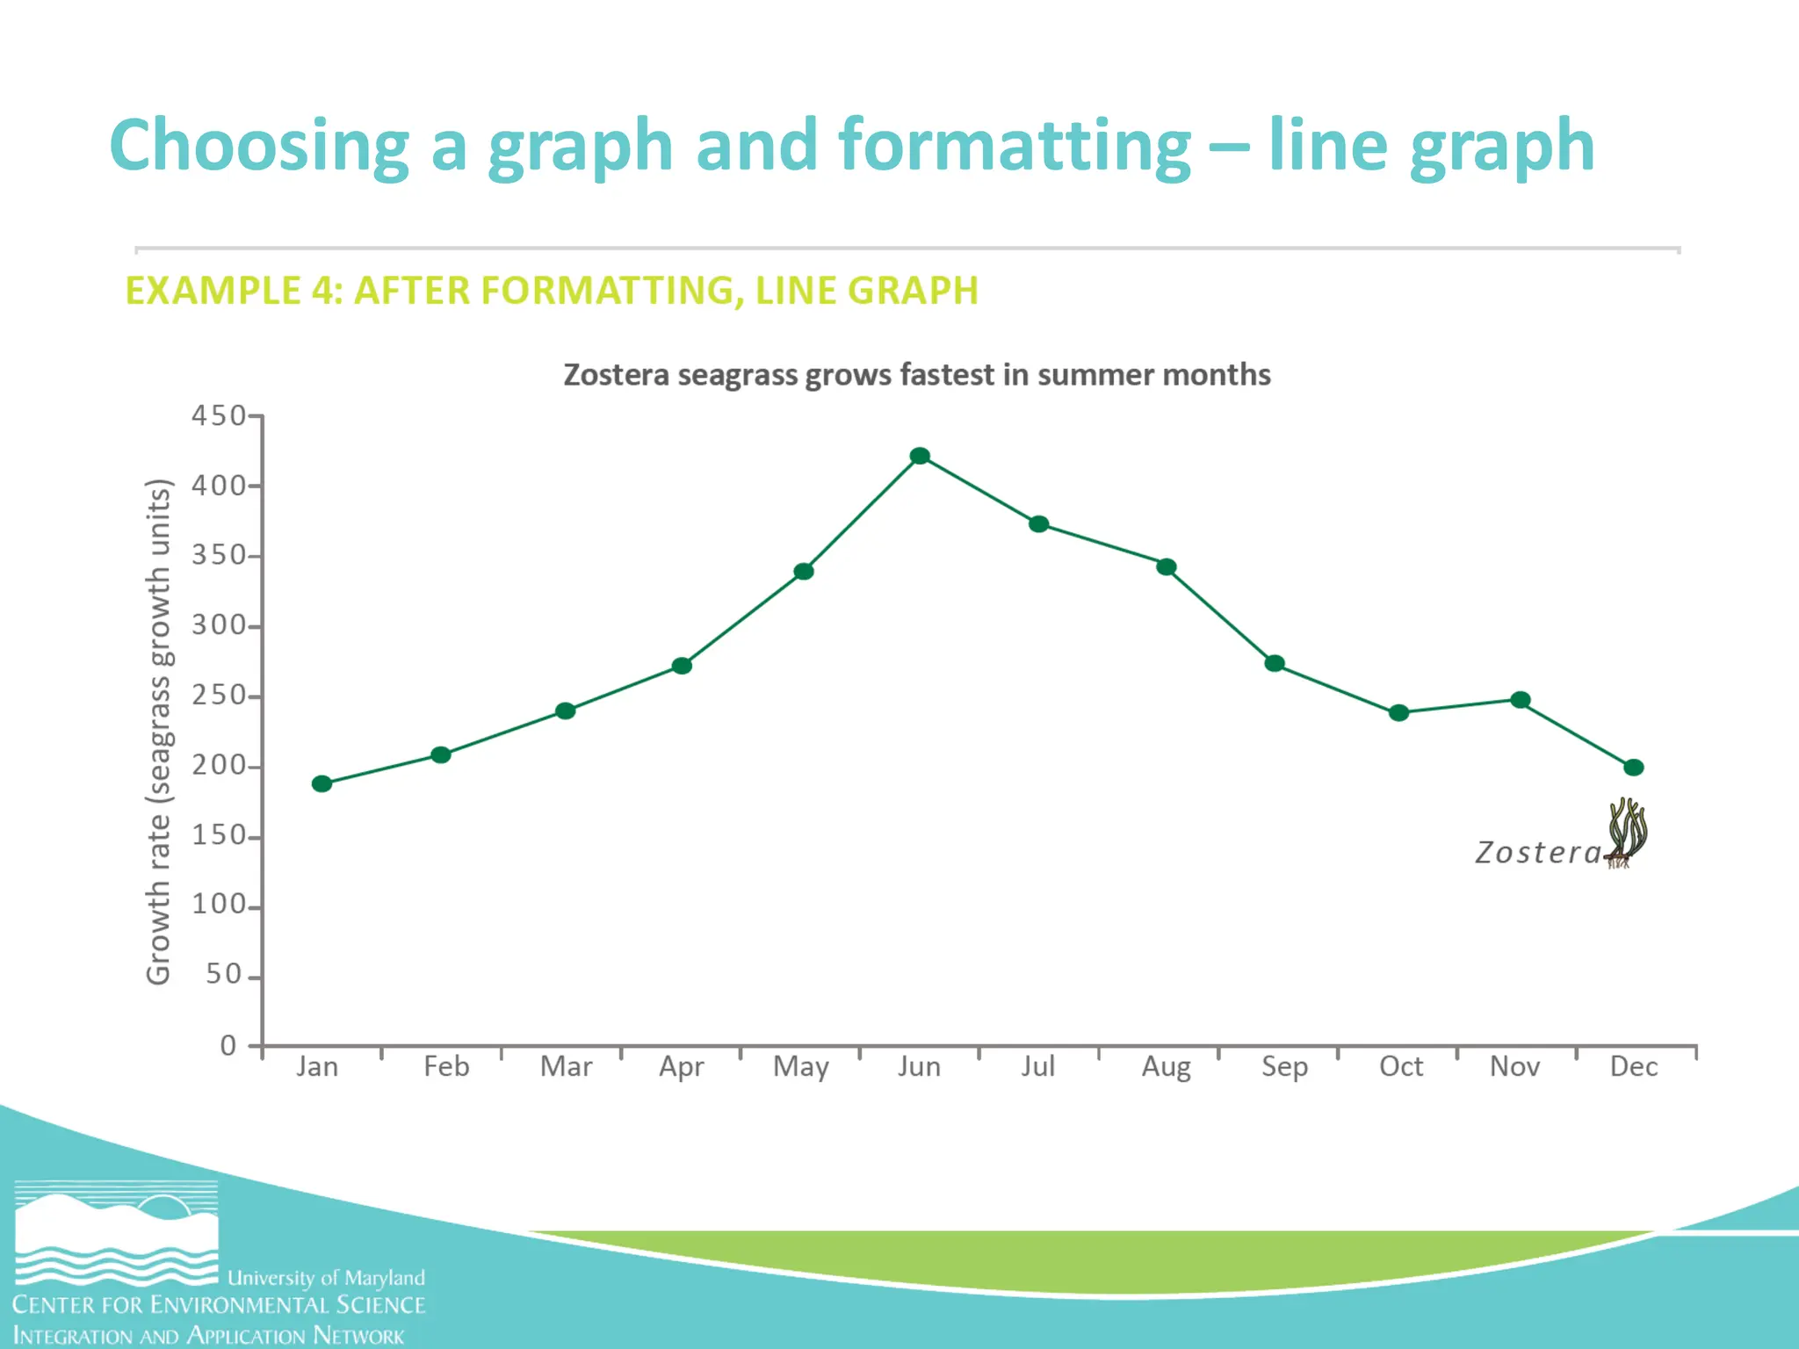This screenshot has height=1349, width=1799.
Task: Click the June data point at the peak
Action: point(920,456)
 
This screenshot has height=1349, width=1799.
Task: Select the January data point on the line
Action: point(322,783)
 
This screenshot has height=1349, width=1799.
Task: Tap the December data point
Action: point(1634,768)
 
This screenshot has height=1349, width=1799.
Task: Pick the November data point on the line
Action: point(1521,700)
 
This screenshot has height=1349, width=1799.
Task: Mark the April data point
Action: point(682,666)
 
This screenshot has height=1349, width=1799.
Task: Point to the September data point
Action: point(1275,663)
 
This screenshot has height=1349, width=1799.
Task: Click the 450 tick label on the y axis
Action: point(219,415)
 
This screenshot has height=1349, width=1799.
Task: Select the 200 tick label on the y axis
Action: point(219,766)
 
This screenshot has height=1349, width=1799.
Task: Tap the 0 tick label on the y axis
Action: point(228,1045)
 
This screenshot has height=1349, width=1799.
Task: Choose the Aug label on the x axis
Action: point(1166,1067)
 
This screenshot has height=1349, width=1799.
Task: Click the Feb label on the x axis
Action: point(446,1067)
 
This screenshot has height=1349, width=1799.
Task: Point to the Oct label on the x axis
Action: point(1401,1067)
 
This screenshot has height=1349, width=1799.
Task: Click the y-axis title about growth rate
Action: point(158,732)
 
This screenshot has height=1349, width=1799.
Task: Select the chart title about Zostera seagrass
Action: point(917,375)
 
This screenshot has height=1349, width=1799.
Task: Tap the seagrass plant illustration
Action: point(1627,832)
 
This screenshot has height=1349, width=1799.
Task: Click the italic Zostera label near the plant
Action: point(1538,853)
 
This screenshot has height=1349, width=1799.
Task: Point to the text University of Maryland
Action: point(326,1278)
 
